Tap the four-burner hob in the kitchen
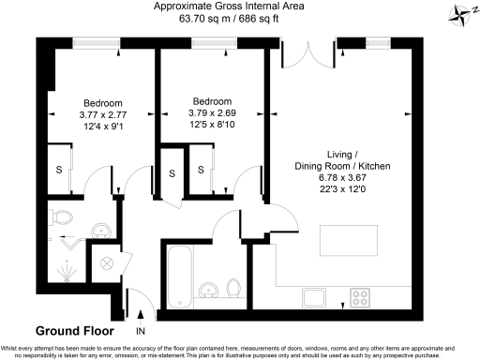tap(361, 298)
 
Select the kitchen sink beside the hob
tap(313, 298)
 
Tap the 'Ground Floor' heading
tap(74, 331)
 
